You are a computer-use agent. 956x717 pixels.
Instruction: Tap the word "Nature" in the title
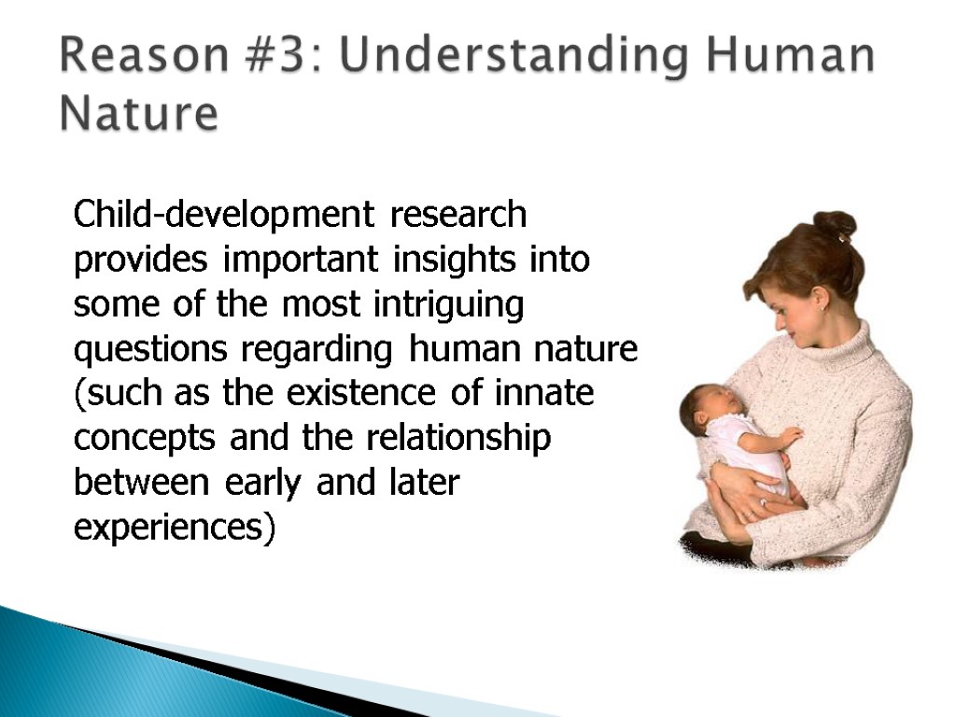pos(139,113)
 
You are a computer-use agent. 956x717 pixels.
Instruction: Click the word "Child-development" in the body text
pos(224,215)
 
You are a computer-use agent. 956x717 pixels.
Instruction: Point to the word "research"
pos(457,215)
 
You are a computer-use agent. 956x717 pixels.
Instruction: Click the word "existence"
pos(361,393)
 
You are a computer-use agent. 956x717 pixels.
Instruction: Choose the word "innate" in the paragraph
pos(544,393)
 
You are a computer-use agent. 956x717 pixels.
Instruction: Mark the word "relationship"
pos(458,438)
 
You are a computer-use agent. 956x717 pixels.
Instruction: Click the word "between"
pos(142,483)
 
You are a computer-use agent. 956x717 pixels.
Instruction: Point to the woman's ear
pos(820,298)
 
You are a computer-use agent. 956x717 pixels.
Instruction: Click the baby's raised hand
pos(791,437)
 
